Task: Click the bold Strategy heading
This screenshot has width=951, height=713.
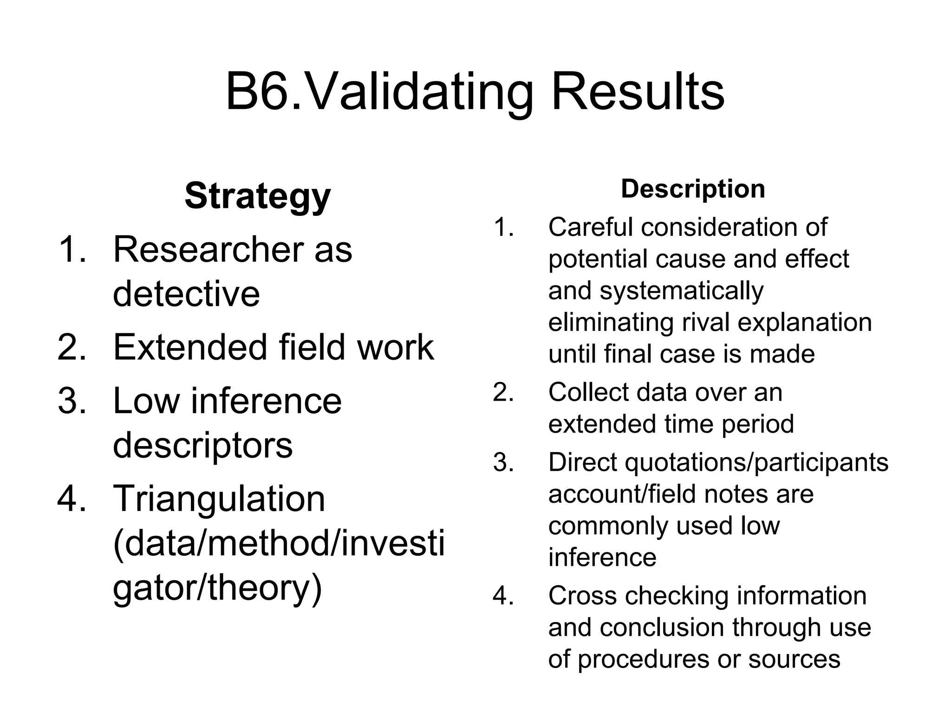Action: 257,196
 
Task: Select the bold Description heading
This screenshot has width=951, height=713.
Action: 693,189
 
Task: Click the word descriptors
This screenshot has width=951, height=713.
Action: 202,445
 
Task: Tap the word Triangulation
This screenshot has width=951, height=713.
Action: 219,499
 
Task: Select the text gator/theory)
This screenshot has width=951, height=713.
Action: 217,588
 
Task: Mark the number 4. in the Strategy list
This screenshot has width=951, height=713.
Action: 72,499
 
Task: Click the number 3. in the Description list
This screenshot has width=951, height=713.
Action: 503,463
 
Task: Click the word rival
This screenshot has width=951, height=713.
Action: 706,323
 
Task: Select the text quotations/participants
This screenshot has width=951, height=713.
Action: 756,463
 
